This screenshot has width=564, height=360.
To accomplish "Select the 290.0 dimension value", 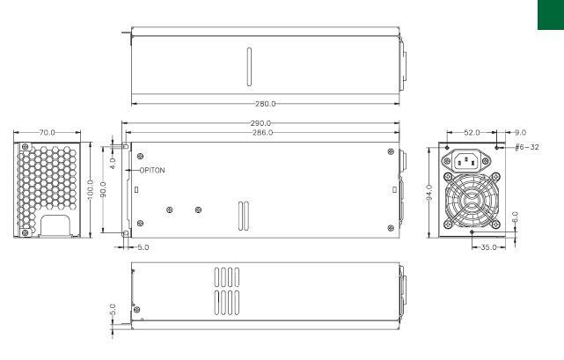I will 261,123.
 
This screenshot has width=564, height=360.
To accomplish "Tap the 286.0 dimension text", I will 261,132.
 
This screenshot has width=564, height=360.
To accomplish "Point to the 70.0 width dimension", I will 48,132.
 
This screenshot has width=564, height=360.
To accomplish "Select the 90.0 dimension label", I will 104,189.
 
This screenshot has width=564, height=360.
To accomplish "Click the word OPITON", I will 150,169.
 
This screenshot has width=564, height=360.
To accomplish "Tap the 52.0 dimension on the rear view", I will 472,132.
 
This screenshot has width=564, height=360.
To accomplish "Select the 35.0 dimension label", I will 487,248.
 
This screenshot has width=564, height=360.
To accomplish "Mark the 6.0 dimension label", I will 514,215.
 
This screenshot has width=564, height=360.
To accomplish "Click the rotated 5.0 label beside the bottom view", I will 113,311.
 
